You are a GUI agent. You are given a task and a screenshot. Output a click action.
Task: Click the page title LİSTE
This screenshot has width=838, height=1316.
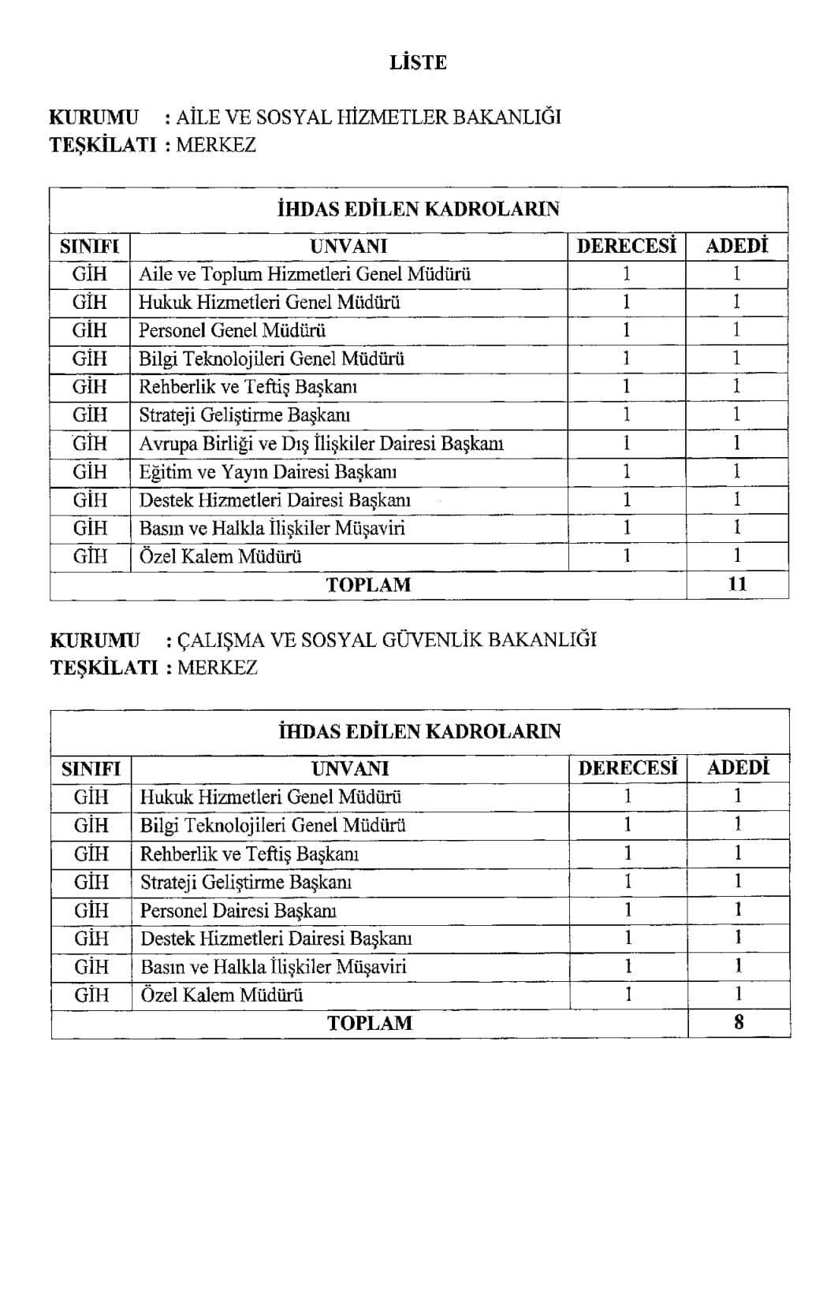418,63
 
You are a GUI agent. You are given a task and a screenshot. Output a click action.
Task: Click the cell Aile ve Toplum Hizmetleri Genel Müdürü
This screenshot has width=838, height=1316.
304,274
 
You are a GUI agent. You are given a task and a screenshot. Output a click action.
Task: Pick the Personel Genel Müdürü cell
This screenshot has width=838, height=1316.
232,330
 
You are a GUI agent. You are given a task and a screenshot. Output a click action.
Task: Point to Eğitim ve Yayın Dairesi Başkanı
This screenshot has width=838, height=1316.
267,472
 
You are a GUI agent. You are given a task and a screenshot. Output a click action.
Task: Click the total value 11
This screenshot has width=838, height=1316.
736,585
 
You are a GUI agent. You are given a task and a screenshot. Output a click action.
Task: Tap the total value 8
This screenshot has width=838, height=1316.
738,1023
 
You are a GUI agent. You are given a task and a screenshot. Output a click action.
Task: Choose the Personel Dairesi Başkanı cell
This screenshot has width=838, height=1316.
238,910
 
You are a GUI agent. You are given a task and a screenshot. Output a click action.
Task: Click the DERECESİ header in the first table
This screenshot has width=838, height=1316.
627,246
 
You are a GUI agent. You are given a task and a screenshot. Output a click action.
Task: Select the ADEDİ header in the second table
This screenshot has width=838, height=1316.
738,768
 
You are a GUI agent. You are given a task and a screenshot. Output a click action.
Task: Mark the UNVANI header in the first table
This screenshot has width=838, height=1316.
348,246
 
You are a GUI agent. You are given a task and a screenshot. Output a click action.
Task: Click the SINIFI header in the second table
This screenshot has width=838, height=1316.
91,768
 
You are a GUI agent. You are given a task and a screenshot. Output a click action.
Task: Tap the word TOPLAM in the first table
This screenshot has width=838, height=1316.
368,585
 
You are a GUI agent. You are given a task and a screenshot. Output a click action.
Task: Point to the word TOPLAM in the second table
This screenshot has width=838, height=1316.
370,1023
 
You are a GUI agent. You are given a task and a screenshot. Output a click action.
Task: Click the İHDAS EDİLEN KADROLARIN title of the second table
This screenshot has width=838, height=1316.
419,731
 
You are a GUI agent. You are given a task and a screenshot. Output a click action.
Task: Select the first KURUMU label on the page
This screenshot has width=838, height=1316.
94,117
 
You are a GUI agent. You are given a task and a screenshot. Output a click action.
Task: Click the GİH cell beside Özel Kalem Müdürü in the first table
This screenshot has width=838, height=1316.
90,556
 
